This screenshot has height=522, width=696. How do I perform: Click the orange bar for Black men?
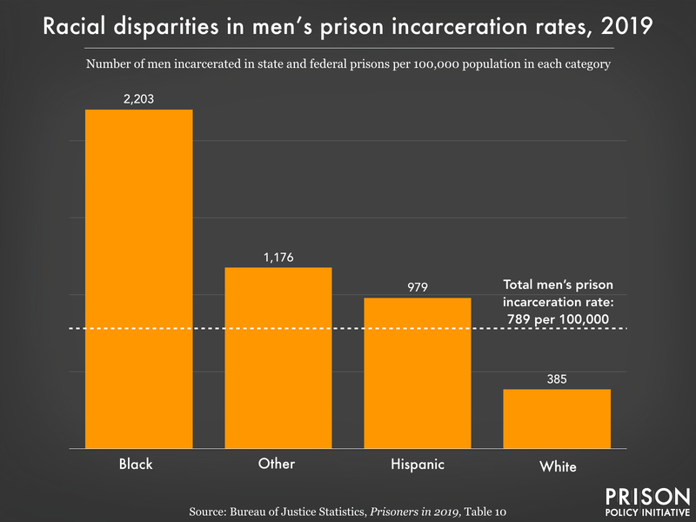coord(138,278)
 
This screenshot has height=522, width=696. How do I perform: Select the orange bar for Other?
coord(278,358)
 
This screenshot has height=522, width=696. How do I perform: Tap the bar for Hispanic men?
coord(418,373)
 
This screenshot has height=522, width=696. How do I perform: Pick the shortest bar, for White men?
coord(557,418)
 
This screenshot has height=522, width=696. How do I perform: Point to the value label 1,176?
coord(278,258)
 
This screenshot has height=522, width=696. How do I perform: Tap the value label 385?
coord(557,379)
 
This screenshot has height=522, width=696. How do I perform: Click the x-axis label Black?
coord(136,464)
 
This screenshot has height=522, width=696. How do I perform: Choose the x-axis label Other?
coord(277,464)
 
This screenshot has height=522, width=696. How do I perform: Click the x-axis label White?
coord(557,466)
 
